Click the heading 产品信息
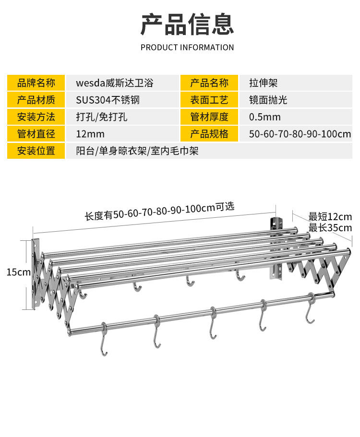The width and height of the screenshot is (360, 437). [187, 24]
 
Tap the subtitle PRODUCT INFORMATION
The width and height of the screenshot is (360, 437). [187, 47]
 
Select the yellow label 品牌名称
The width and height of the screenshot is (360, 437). [36, 83]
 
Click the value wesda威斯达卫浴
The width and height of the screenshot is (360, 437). [115, 83]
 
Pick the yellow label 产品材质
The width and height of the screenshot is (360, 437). [36, 100]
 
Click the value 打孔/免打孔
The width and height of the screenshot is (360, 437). [101, 117]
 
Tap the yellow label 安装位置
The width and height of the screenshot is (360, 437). [36, 151]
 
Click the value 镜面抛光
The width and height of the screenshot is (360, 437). [268, 100]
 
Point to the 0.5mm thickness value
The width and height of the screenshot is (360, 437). [265, 117]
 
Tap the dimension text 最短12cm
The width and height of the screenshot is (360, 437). [330, 217]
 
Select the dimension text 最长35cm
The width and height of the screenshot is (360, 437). [330, 227]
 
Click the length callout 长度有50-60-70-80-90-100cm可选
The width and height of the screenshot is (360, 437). [159, 211]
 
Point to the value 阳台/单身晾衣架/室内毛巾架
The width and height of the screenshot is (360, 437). [137, 151]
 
